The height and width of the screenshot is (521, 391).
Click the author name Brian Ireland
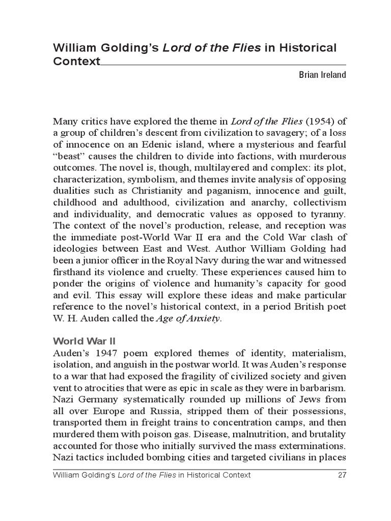coord(322,75)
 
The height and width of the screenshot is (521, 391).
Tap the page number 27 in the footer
coord(342,475)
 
